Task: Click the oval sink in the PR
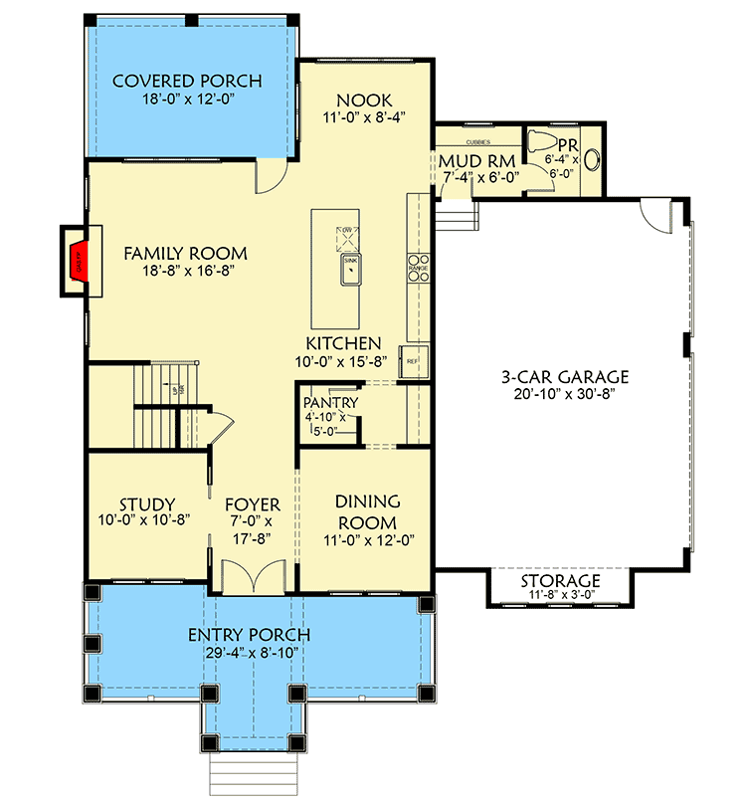[x=595, y=158]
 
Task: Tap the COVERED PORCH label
[x=187, y=81]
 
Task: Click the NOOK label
[x=364, y=100]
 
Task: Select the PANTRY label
[x=331, y=402]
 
